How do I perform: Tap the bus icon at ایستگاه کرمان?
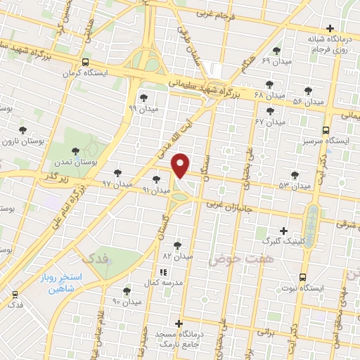tap(85, 61)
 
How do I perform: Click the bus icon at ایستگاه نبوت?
tap(302, 276)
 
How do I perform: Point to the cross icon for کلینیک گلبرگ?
tap(284, 230)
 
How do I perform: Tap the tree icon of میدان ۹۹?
tap(144, 98)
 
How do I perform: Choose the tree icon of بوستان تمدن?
tap(74, 149)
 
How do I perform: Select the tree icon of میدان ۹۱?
tap(156, 179)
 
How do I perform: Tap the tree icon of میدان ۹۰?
tap(127, 290)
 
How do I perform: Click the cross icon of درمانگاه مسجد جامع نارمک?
tap(179, 323)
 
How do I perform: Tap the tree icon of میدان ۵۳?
tap(294, 175)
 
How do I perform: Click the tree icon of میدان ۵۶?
tap(307, 90)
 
